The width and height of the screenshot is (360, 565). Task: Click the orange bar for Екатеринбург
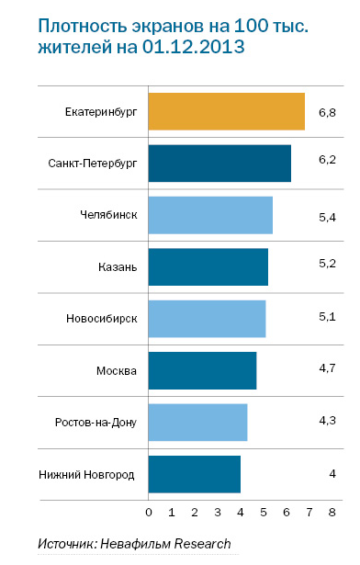point(226,111)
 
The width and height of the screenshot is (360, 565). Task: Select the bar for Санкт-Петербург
point(219,163)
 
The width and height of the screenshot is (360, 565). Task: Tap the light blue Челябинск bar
point(210,214)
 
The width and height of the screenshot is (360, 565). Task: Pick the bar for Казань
point(208,266)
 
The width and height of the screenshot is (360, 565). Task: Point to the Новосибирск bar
point(207,318)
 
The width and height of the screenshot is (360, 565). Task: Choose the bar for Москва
point(202,370)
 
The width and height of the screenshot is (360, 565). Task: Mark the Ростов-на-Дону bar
point(197,422)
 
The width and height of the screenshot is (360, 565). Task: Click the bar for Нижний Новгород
point(194,473)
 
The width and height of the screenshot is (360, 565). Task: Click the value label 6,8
point(327,112)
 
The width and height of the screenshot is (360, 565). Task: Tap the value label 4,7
point(327,370)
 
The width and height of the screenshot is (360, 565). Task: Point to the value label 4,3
point(327,422)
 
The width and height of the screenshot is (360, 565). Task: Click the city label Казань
point(118,267)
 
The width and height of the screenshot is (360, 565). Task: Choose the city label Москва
point(117,371)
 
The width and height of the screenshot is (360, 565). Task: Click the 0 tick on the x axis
point(149,510)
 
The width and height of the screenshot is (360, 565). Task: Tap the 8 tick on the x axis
point(332,510)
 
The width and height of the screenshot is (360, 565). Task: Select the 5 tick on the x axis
point(264,510)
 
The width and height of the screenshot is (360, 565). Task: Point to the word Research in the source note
point(200,545)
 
